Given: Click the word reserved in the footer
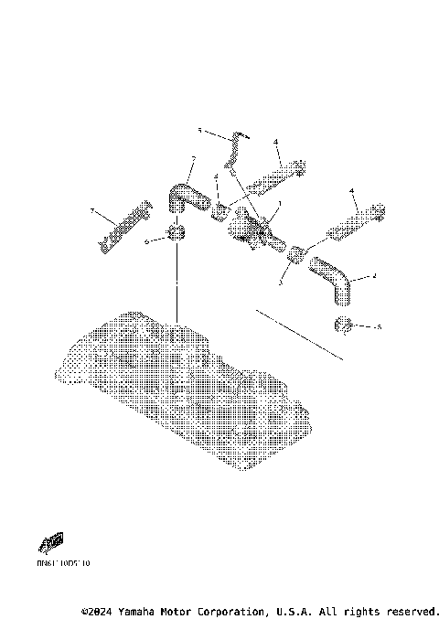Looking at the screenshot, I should coord(412,611).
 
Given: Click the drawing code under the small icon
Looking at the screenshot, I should coord(65,563).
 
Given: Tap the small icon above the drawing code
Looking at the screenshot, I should coord(54,544).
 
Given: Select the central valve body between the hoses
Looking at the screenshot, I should coord(250,229).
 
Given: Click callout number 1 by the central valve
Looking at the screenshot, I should coord(279,203).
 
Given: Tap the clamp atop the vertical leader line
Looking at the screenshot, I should coord(173,235).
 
